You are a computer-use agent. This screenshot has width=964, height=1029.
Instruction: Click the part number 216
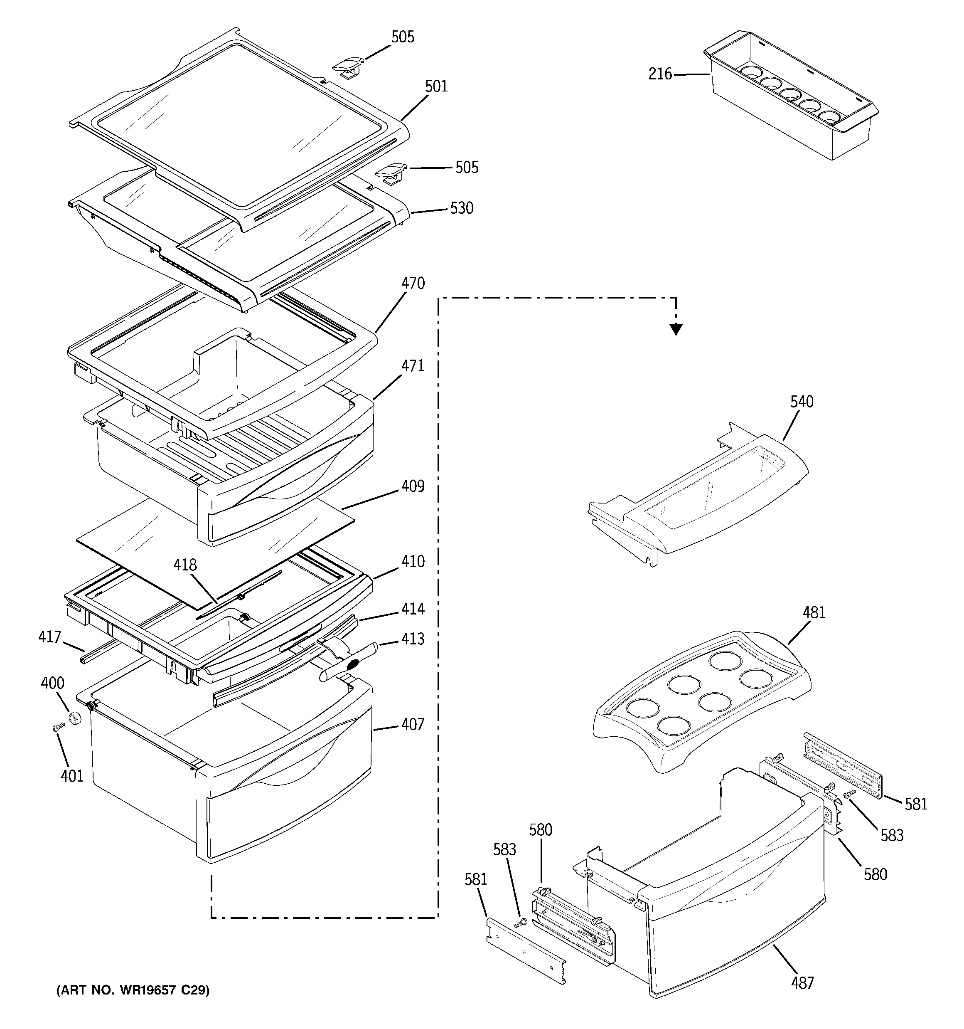coord(660,74)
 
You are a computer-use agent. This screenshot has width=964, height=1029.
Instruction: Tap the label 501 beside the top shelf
coord(436,86)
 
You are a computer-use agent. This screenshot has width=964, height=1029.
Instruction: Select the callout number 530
coord(462,208)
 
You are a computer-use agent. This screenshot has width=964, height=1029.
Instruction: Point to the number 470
coord(413,284)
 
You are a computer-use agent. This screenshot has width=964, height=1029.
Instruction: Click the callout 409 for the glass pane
coord(413,486)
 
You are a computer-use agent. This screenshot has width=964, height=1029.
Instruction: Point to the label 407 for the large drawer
coord(413,725)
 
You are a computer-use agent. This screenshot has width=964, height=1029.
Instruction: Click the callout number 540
coord(802,402)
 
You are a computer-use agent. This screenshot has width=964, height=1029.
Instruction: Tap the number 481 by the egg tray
coord(814,613)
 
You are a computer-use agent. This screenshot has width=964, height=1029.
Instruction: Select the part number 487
coord(802,983)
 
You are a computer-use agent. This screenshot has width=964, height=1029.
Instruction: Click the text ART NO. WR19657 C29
coord(133,991)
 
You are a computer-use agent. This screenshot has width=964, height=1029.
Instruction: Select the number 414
coord(413,609)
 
